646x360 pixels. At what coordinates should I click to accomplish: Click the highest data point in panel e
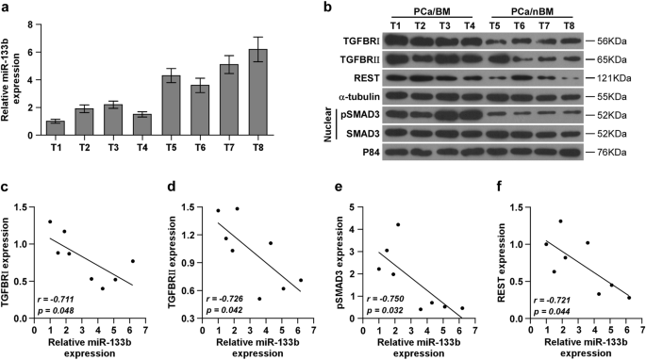(398, 224)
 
